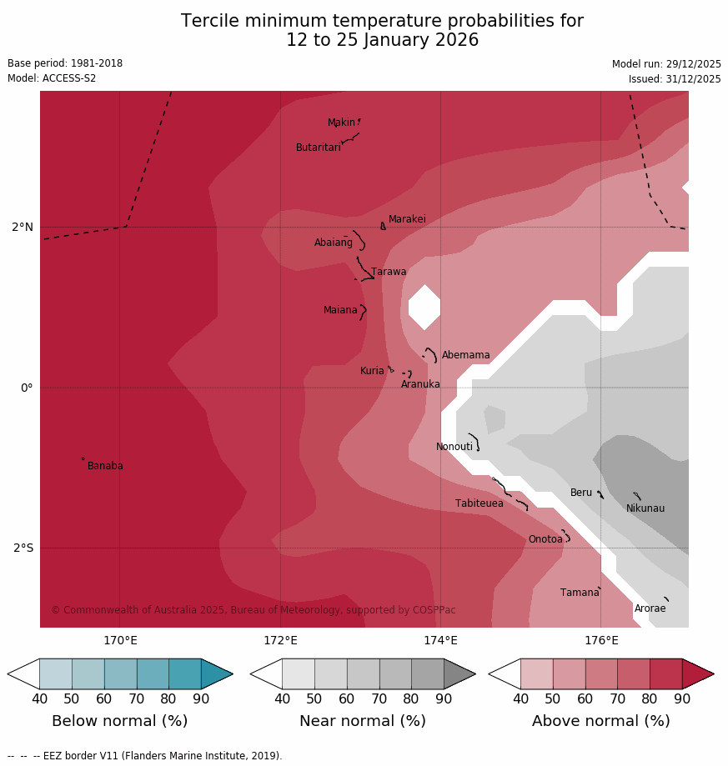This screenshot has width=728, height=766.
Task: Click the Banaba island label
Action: [105, 466]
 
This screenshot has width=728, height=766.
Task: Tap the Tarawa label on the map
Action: [389, 272]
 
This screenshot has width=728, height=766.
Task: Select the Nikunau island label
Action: [645, 508]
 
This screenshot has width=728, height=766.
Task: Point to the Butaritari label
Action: [318, 148]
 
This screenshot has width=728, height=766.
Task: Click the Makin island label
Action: [341, 123]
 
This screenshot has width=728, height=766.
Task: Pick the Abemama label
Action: [465, 355]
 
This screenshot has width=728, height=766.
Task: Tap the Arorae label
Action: [650, 608]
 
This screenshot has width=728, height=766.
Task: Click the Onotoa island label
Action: [545, 539]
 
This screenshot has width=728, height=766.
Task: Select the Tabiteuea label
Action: [479, 503]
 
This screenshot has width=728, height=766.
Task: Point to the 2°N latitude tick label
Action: [23, 227]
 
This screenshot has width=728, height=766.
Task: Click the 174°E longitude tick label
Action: [440, 640]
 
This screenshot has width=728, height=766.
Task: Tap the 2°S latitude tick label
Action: [23, 548]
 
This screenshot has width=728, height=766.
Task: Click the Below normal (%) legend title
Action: [119, 721]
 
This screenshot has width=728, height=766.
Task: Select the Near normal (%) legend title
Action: [362, 721]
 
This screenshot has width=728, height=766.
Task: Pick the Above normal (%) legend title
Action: [600, 721]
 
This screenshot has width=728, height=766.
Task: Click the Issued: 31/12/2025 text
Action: [674, 79]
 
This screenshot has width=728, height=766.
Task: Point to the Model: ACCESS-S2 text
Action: [52, 78]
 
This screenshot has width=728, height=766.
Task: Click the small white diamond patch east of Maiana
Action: [424, 307]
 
